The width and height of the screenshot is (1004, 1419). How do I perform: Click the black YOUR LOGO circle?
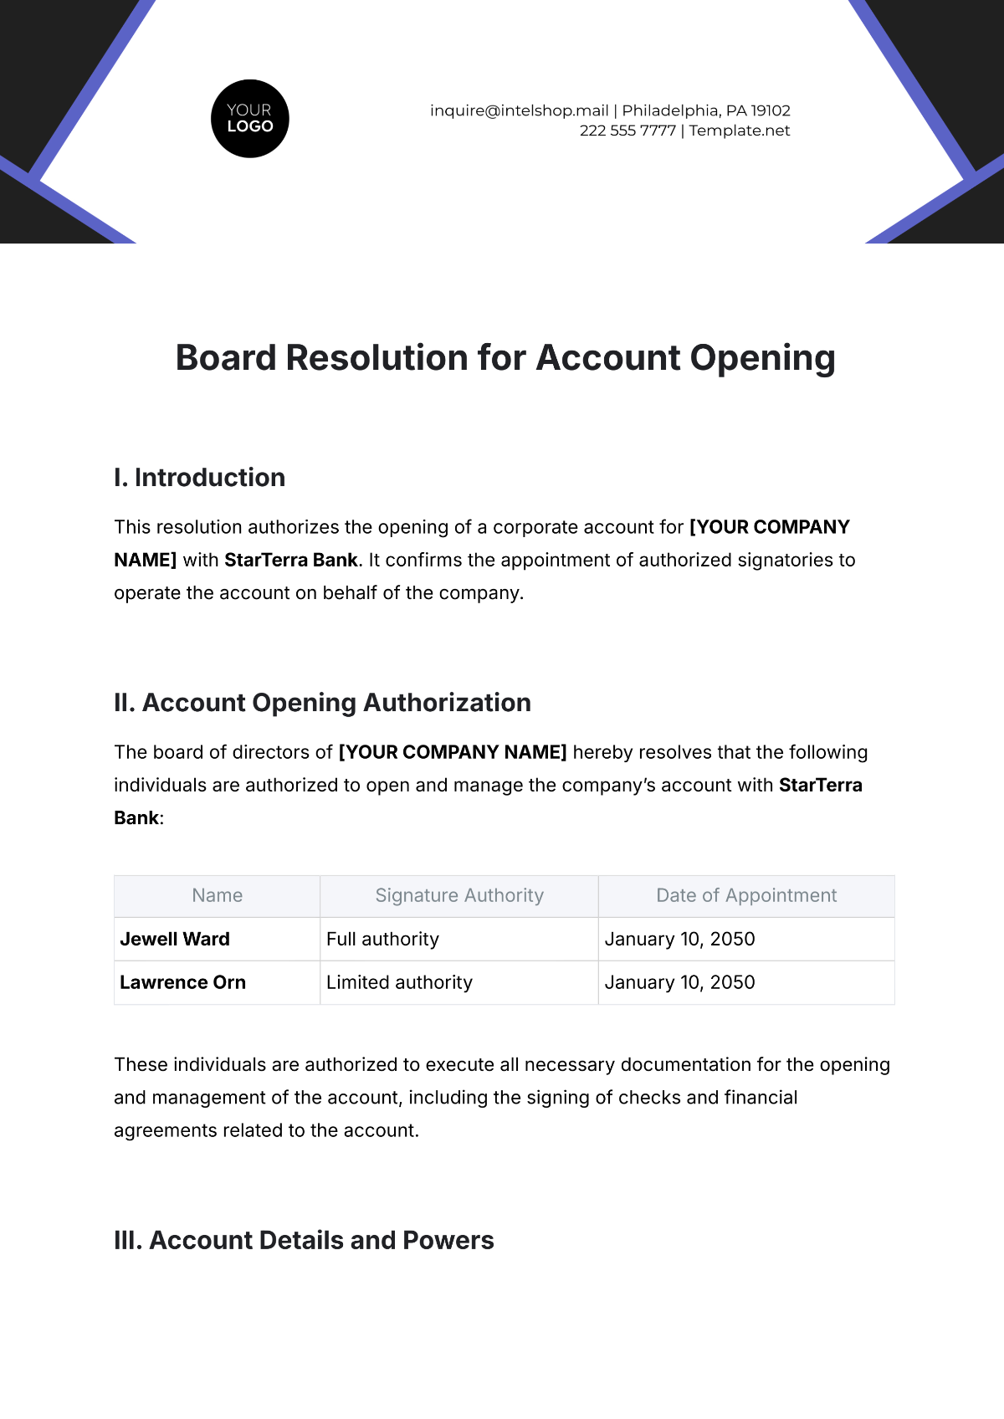click(249, 119)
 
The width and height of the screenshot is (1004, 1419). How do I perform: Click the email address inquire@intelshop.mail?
click(519, 110)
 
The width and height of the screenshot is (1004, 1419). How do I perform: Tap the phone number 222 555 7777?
click(627, 131)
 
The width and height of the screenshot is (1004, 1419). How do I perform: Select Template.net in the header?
click(740, 131)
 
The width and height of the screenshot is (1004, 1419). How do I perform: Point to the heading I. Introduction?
click(199, 478)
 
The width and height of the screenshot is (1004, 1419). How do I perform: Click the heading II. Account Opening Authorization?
click(322, 703)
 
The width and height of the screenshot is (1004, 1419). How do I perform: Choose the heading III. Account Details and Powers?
click(304, 1240)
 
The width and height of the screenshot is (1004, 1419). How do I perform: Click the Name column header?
click(217, 896)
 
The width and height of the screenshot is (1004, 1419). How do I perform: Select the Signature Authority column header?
click(459, 896)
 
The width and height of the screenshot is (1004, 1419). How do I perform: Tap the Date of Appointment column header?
click(746, 896)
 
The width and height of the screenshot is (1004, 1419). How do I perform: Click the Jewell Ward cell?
click(175, 940)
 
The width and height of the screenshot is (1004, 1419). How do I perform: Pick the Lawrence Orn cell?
click(182, 983)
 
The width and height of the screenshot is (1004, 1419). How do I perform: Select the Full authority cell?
click(382, 940)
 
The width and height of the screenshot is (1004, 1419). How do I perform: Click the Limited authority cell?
click(399, 983)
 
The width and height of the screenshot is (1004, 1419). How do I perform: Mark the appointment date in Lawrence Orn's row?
click(679, 983)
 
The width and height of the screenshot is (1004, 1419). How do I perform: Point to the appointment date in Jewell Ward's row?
click(679, 940)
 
